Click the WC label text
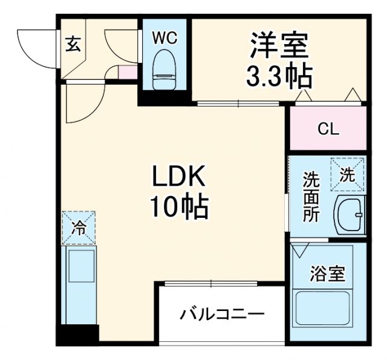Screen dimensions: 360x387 (x=164, y=38)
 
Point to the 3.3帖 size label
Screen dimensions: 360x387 (x=279, y=76)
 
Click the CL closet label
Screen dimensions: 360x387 (x=329, y=129)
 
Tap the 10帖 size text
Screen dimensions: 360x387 (x=180, y=208)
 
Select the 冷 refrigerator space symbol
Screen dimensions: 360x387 (x=78, y=227)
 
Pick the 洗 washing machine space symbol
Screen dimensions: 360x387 (x=347, y=174)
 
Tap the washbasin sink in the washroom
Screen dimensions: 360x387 (x=350, y=214)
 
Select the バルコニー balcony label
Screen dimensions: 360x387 (x=222, y=315)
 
